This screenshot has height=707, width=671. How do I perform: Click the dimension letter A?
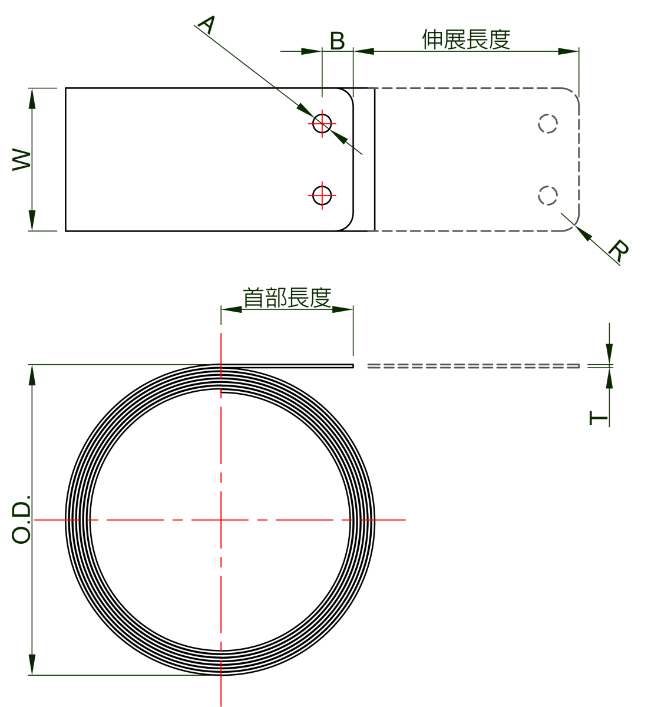point(207,25)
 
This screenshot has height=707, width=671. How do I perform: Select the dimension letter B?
point(337,41)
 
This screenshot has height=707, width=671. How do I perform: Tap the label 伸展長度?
point(465,39)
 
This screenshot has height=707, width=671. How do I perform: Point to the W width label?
point(22,159)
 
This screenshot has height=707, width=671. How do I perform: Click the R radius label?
point(618,250)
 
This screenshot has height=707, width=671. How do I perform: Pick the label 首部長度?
point(287,297)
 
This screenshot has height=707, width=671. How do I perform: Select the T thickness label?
point(598,418)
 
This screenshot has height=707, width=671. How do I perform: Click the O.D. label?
point(21,519)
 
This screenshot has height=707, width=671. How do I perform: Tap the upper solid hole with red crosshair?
point(322,123)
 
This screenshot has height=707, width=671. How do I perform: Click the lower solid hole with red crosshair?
point(322,195)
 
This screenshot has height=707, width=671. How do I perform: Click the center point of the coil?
point(221,520)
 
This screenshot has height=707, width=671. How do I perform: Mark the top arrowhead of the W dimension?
point(32,98)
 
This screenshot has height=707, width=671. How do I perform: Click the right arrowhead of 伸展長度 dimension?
point(568,51)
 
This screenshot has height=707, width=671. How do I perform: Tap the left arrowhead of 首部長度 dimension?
point(231,309)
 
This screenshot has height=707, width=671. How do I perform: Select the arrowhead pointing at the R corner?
point(583,233)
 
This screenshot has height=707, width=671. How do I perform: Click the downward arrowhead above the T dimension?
point(609,354)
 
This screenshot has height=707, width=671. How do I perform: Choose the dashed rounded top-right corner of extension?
point(573,94)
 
